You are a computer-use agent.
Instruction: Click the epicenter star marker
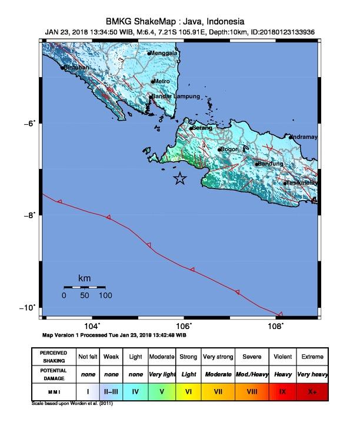click(x=180, y=180)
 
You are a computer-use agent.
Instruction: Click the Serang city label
click(x=202, y=128)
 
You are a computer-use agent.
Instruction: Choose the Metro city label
click(x=162, y=81)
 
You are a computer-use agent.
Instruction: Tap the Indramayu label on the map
click(x=305, y=137)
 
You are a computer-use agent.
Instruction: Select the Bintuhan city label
click(x=76, y=68)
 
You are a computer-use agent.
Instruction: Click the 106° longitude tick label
click(x=184, y=326)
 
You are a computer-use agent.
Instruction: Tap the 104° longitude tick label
click(x=91, y=326)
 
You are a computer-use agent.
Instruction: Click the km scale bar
click(x=84, y=287)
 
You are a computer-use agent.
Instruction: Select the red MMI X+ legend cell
click(x=311, y=390)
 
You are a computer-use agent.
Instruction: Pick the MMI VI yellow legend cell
click(x=189, y=390)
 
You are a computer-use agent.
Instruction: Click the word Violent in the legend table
click(x=282, y=357)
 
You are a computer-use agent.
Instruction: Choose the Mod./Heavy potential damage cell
click(x=250, y=374)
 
